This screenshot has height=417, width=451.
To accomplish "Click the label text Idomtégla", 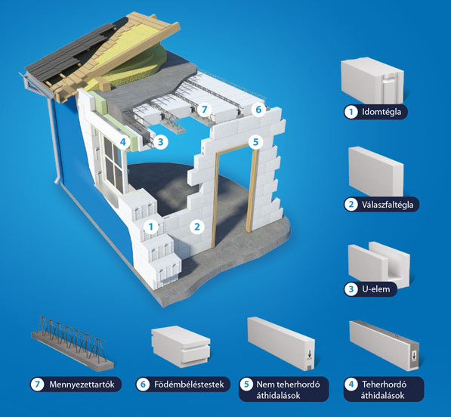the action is [381, 112].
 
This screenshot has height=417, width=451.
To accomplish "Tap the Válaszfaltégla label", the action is [388, 205].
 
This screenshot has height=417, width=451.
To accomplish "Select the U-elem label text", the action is [375, 289].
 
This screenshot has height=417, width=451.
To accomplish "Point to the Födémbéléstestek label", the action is [189, 385].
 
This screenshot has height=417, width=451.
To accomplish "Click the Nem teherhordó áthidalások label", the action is [288, 390].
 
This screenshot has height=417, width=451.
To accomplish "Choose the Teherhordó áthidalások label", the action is [384, 390].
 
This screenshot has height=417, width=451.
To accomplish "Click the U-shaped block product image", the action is [378, 264].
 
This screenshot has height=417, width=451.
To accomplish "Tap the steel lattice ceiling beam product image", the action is [72, 341].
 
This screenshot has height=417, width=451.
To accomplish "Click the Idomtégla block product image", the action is [372, 81].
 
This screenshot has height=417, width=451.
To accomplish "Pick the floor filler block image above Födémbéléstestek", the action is [181, 346].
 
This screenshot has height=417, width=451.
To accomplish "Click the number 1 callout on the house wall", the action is [151, 227].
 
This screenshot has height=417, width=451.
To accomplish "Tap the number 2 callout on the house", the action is [197, 227].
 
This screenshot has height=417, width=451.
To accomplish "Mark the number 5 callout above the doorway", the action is [255, 141].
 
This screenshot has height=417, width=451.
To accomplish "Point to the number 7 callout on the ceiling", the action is [204, 110].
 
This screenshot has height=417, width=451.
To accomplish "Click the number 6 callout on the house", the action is [258, 110].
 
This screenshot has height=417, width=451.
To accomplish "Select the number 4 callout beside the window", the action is [123, 142].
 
